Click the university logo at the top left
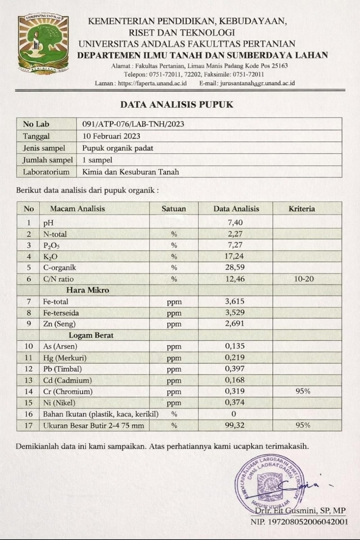pos(43,44)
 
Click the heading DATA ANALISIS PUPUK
pos(177,104)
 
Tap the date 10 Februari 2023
pos(112,136)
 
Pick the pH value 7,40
pos(236,222)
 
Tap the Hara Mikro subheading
pos(88,290)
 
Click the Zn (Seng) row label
pos(59,324)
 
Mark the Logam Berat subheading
pos(91,335)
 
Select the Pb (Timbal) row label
pos(63,369)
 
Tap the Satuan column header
pos(174,209)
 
